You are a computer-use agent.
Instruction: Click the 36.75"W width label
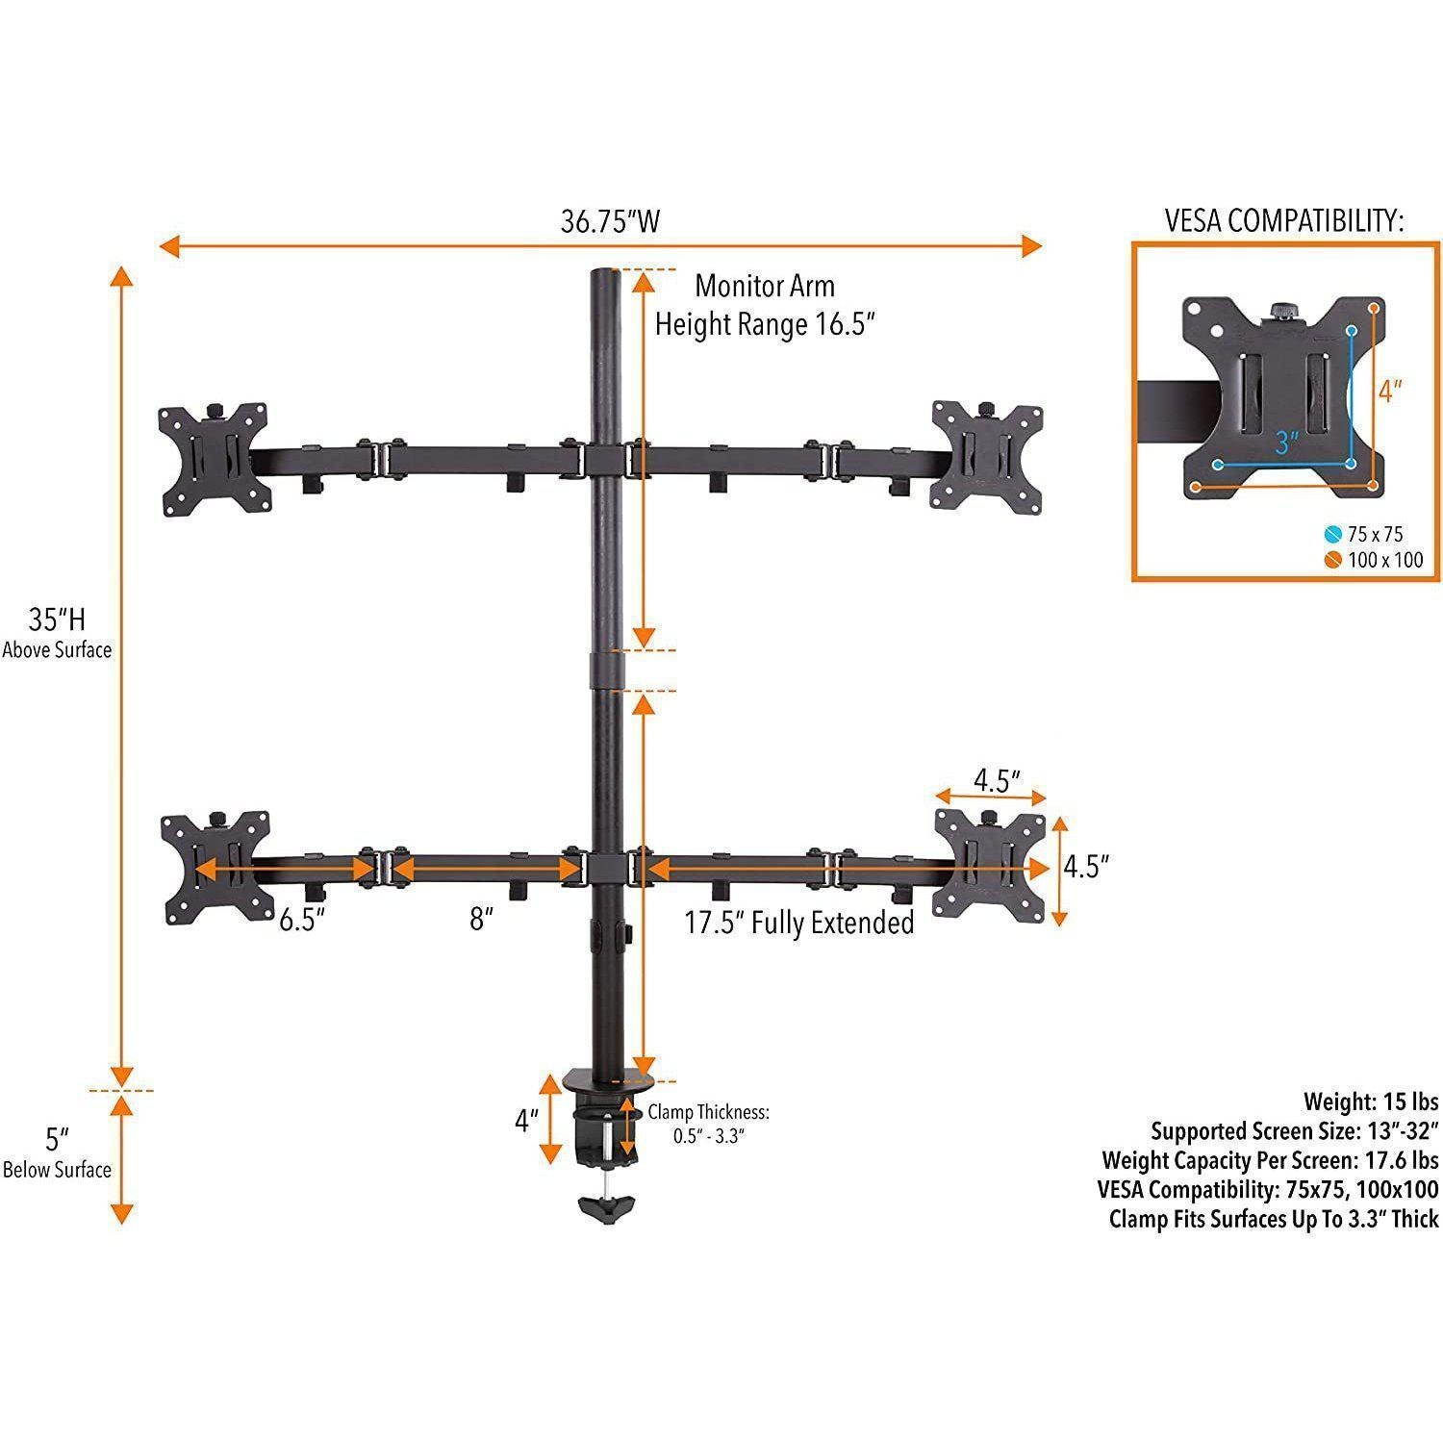point(610,222)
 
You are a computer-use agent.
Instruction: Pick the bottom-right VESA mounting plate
point(990,866)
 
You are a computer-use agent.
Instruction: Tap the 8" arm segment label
point(481,920)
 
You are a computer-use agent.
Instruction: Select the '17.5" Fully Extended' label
point(798,924)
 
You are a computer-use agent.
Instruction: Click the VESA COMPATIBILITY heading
point(1284,221)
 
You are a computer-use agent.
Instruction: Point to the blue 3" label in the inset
point(1287,443)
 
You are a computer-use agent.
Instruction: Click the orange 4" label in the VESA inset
point(1390,392)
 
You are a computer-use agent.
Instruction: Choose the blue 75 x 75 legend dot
point(1330,534)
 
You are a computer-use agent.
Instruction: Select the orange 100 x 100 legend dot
point(1330,560)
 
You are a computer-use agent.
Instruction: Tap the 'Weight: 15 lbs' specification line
point(1370,1101)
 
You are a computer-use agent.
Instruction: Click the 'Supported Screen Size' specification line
point(1294,1130)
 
